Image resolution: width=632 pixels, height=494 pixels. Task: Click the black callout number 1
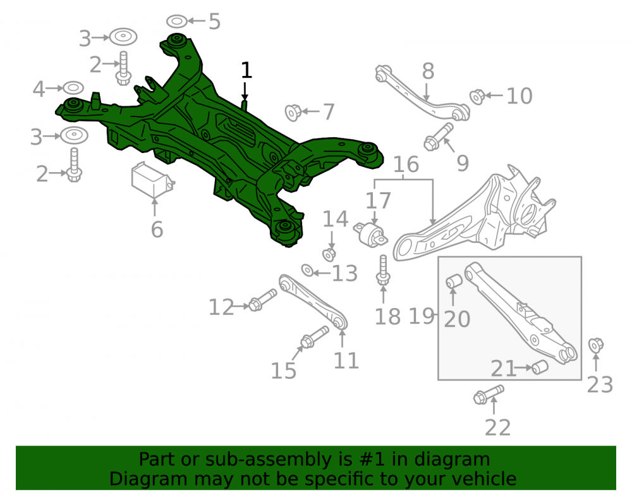pos(246,70)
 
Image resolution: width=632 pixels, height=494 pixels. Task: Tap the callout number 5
pos(214,22)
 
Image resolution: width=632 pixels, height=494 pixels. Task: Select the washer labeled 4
pos(73,87)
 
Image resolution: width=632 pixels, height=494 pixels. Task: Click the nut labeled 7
pos(293,113)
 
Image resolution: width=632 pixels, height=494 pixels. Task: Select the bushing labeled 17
pos(370,234)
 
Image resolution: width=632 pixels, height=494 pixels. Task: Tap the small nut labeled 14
pos(329,254)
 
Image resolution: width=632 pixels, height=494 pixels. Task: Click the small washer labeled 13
pos(307,270)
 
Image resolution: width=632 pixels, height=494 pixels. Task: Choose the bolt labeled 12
pos(263,300)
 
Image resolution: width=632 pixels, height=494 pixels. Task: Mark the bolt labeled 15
pos(315,337)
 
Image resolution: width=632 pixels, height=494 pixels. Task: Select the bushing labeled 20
pos(454,281)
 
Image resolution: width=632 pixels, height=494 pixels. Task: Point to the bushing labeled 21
pos(540,367)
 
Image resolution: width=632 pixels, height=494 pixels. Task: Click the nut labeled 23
pos(596,345)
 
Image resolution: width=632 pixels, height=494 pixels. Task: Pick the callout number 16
pos(406,164)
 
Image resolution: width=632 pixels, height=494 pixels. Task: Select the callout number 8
pos(428,71)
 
